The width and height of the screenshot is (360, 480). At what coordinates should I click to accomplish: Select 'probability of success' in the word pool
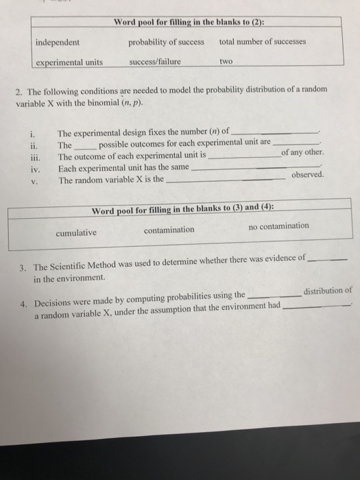(x=166, y=43)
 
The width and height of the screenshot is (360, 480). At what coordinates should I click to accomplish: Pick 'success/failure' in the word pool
(x=154, y=62)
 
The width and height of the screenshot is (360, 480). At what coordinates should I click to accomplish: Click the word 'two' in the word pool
(x=226, y=61)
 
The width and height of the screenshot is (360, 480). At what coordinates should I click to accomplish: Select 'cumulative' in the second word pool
(x=75, y=232)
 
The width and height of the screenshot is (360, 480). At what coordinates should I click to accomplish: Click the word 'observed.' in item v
(x=308, y=175)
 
